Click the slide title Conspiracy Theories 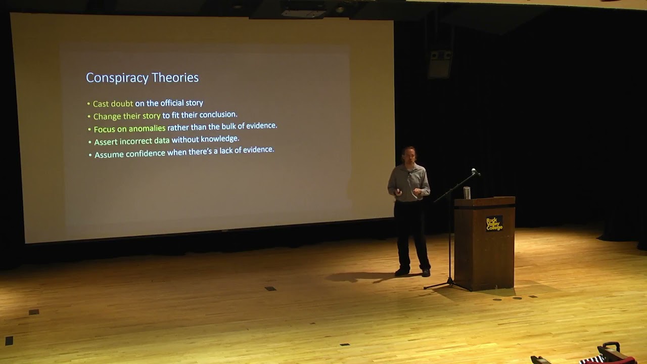tap(142, 77)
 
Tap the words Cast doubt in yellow tap(113, 104)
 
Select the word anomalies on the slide tap(147, 128)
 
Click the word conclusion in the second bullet tap(218, 115)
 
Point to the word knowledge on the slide tap(219, 139)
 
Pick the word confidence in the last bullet tap(145, 153)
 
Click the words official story tap(181, 103)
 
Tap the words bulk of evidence tap(249, 126)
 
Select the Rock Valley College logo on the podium tap(494, 223)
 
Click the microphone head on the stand tap(475, 171)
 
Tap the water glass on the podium tap(467, 193)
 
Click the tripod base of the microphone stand tap(447, 286)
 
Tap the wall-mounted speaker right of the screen tap(440, 63)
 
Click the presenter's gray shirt tap(409, 182)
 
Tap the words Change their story tap(127, 116)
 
